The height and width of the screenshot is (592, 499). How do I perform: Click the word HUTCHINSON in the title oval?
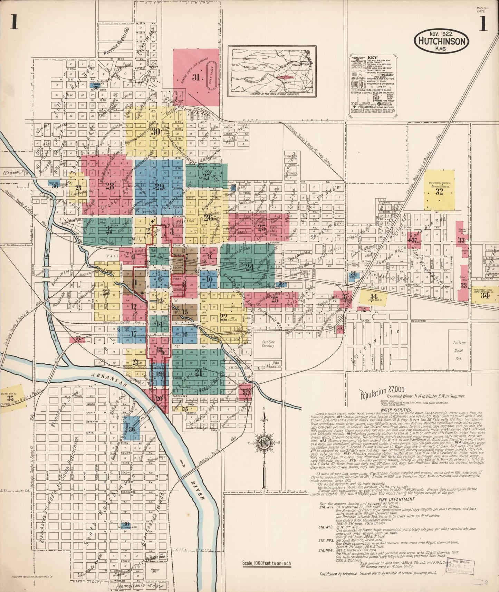coord(441,41)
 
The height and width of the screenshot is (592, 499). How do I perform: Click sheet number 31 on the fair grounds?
coord(196,77)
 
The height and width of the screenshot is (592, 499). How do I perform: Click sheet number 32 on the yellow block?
coord(439,192)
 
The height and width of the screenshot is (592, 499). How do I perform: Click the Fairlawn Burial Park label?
coord(459,348)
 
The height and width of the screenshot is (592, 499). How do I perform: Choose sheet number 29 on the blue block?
coord(159,187)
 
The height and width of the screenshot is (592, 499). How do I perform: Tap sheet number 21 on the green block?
coord(198,372)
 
